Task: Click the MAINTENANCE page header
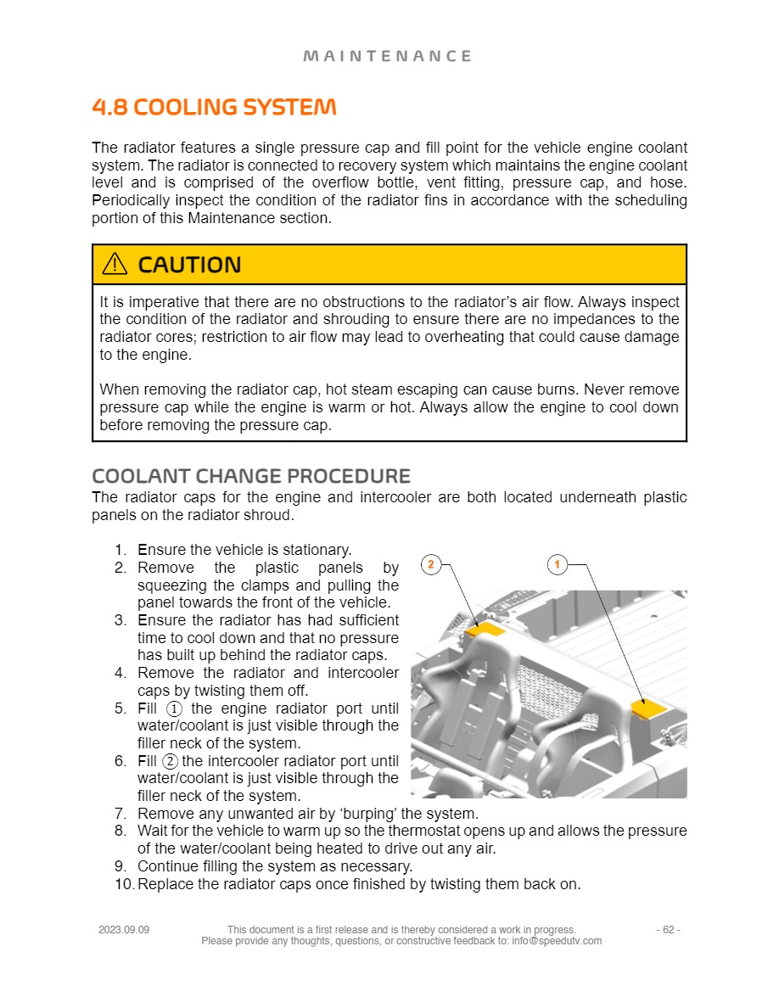(x=387, y=56)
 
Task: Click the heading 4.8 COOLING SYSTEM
(x=214, y=108)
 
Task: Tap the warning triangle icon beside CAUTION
(x=115, y=265)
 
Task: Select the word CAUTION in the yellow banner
(x=189, y=265)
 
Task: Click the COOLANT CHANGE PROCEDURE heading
(x=251, y=476)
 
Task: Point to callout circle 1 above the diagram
(x=558, y=564)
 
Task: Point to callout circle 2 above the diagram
(x=431, y=564)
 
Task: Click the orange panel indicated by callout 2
(x=488, y=629)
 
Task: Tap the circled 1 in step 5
(x=175, y=708)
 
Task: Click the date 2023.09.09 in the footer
(x=124, y=930)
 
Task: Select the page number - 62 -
(x=668, y=930)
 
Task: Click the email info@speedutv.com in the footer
(x=557, y=941)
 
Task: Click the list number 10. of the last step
(x=124, y=884)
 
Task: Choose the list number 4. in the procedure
(x=120, y=673)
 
